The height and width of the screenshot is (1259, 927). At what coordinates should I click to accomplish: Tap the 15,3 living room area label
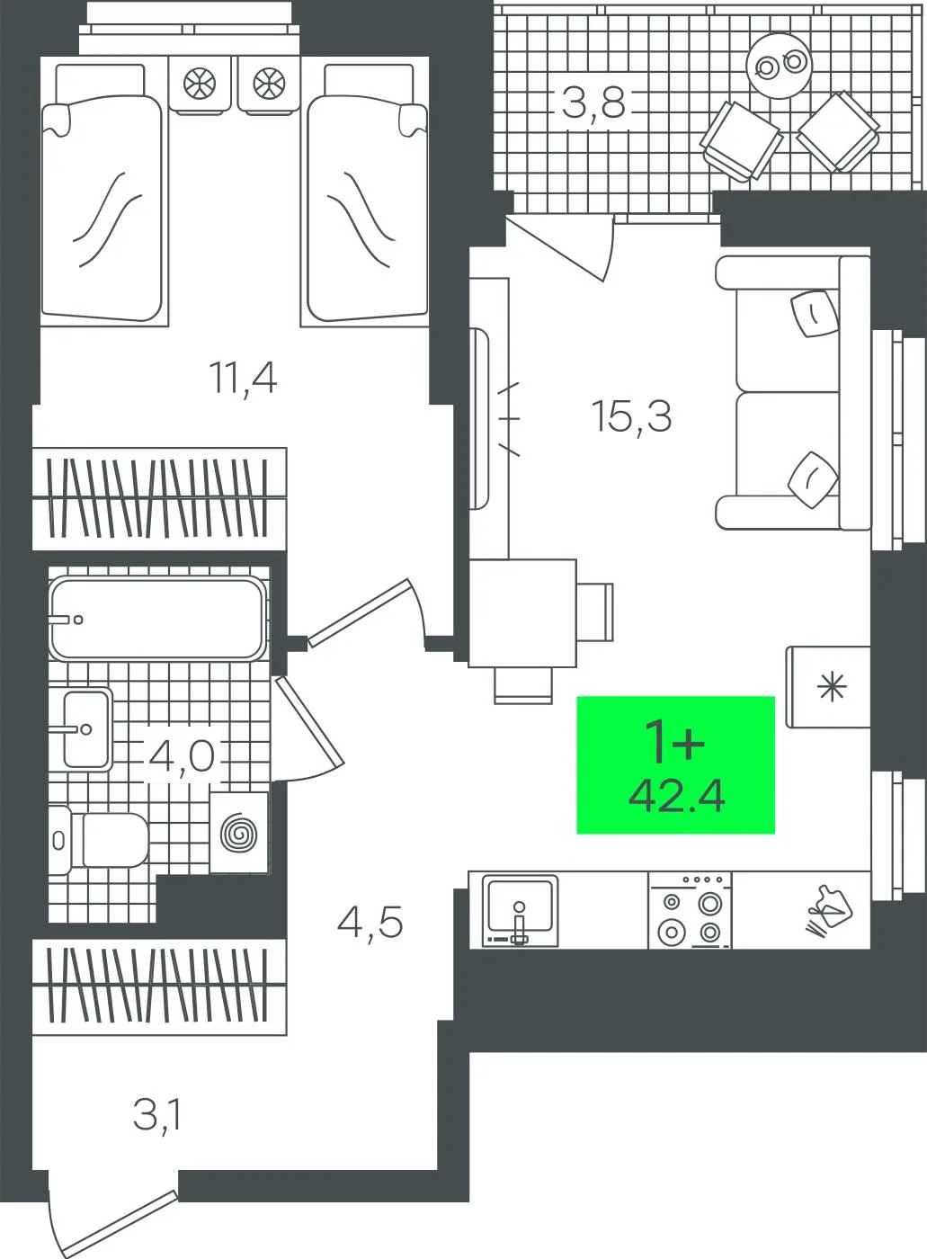pyautogui.click(x=631, y=417)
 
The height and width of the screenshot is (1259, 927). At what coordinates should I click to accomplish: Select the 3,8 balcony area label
pyautogui.click(x=593, y=103)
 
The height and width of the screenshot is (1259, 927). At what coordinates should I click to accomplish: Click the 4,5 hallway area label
pyautogui.click(x=370, y=923)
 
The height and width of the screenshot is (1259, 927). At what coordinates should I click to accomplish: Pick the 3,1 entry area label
pyautogui.click(x=158, y=1116)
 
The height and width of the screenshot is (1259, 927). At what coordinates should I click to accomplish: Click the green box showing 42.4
pyautogui.click(x=676, y=764)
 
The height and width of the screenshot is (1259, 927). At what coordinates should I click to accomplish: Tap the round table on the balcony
pyautogui.click(x=779, y=66)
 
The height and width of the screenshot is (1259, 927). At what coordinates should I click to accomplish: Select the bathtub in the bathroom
pyautogui.click(x=158, y=619)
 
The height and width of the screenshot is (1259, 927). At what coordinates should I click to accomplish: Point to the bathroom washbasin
pyautogui.click(x=86, y=729)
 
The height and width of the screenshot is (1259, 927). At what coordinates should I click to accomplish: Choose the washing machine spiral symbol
pyautogui.click(x=239, y=833)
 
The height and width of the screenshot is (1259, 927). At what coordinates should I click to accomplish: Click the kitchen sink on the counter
pyautogui.click(x=521, y=910)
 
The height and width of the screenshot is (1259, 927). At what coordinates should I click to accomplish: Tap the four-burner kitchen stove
pyautogui.click(x=691, y=910)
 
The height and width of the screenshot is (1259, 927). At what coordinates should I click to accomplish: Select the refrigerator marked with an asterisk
pyautogui.click(x=828, y=687)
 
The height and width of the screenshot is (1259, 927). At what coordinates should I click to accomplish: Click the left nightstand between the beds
pyautogui.click(x=200, y=85)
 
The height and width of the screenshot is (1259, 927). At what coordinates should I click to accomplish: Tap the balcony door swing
pyautogui.click(x=562, y=247)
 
